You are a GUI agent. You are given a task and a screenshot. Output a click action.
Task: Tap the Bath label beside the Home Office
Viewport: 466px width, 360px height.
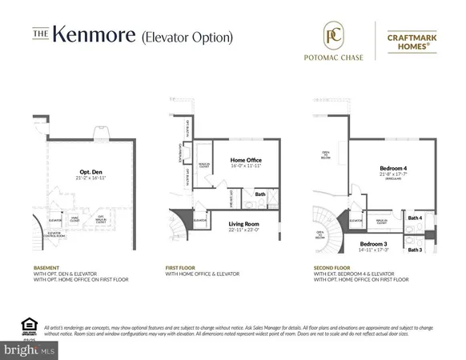[260, 194]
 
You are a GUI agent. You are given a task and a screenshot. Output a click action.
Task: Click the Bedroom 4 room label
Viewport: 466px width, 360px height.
[395, 169]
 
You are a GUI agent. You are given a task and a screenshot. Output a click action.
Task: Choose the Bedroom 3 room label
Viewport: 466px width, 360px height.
[374, 243]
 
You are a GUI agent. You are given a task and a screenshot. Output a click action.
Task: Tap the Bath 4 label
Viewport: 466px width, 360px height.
[415, 218]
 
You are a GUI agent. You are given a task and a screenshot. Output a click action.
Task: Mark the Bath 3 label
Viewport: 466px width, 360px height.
[415, 250]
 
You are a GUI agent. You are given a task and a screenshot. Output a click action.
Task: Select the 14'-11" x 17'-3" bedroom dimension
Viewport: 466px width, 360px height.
[374, 250]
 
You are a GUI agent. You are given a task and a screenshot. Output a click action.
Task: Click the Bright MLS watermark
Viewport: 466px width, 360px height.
[30, 350]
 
